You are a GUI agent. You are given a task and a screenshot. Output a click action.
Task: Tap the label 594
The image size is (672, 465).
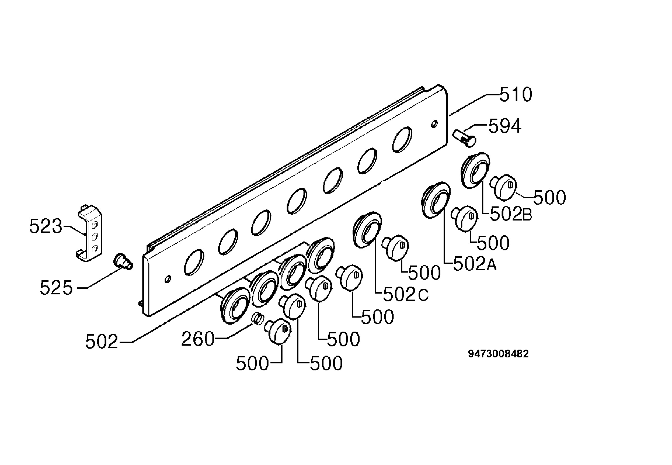(505, 126)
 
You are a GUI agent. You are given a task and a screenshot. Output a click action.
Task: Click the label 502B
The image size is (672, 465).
(511, 214)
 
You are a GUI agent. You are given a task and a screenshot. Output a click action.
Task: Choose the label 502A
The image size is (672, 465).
(475, 264)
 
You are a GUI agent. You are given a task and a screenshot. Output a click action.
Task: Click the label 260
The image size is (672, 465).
(198, 339)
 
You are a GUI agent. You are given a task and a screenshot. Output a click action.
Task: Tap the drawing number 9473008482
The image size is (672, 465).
(498, 354)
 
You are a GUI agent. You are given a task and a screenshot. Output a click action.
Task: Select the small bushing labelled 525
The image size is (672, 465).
(123, 261)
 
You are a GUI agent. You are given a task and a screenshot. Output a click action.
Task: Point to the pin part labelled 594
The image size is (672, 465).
(464, 138)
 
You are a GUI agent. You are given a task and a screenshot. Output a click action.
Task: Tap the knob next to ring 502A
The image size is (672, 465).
(464, 218)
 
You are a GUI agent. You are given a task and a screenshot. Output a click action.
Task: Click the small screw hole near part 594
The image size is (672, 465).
(434, 124)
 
